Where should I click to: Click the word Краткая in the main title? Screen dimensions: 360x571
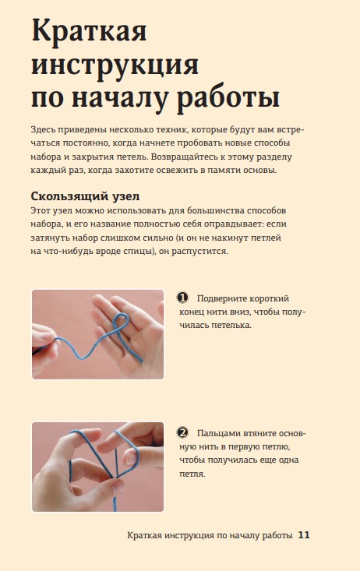(x=90, y=31)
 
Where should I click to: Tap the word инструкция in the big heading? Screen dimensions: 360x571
(x=115, y=66)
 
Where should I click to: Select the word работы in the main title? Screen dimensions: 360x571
(x=228, y=99)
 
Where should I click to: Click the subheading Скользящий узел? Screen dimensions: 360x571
(x=85, y=196)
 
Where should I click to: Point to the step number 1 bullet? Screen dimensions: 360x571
(x=182, y=298)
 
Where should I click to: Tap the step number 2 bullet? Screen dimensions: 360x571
(x=182, y=433)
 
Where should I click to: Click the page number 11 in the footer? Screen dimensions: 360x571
(x=304, y=535)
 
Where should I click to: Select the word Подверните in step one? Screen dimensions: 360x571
(x=222, y=298)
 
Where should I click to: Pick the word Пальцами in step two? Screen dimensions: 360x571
(x=219, y=434)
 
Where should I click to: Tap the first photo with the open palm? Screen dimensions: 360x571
(x=97, y=334)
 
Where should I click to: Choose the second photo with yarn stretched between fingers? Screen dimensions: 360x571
(x=97, y=467)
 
